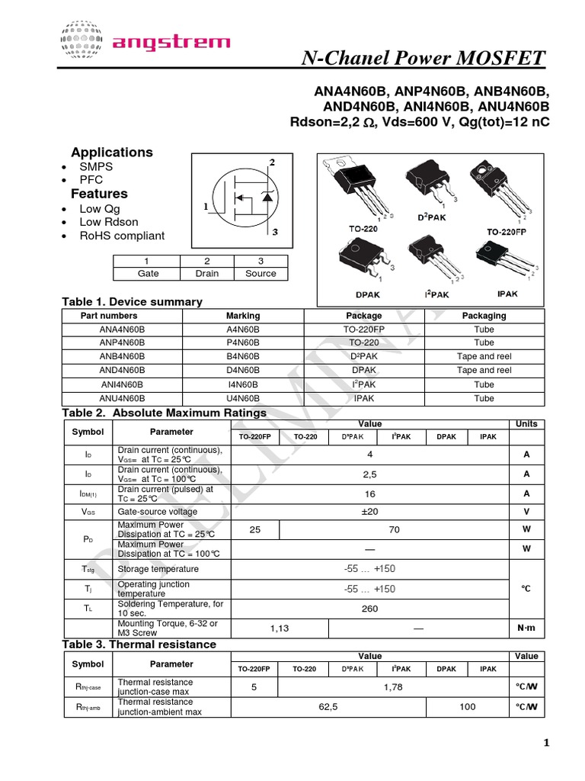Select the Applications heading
111,152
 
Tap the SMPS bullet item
95,166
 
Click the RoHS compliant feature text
122,236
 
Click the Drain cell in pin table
206,274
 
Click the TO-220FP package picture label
513,231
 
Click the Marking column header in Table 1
243,316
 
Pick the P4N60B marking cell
243,343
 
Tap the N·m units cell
526,628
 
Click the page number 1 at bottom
546,743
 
